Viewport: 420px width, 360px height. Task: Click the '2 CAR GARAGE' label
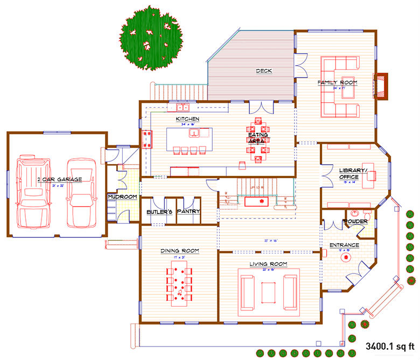click(59, 179)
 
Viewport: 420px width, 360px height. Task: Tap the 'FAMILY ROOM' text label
click(337, 82)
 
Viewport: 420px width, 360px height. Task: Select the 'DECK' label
click(264, 71)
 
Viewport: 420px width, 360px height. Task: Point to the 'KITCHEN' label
click(187, 118)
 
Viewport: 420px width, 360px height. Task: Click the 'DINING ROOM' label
click(180, 251)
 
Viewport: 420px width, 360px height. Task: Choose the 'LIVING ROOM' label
click(268, 264)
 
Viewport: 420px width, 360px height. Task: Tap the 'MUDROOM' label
click(123, 197)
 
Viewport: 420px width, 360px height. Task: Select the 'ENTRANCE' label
click(345, 245)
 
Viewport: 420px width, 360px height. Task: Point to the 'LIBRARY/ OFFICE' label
click(353, 173)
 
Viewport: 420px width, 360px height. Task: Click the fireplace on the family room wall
click(381, 86)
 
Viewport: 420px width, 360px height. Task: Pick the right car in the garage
click(80, 192)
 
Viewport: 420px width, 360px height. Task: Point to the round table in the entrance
click(344, 258)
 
